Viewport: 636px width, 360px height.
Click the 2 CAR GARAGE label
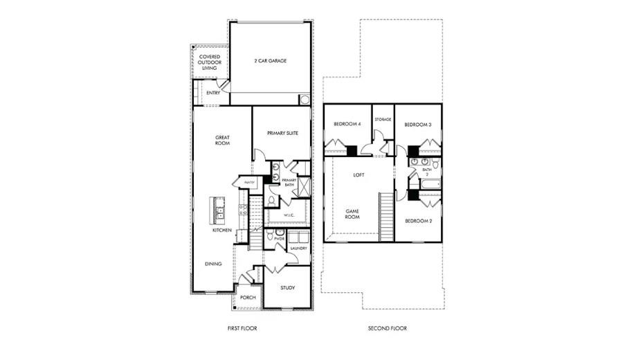click(x=270, y=61)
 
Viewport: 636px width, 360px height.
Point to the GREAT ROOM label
click(x=222, y=140)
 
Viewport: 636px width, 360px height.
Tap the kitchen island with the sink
click(x=218, y=208)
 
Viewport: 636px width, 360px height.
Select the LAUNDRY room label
click(x=298, y=247)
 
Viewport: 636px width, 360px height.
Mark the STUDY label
click(x=288, y=287)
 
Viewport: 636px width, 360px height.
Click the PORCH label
click(x=248, y=298)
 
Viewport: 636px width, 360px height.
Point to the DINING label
click(x=213, y=264)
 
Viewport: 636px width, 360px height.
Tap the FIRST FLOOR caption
click(x=242, y=328)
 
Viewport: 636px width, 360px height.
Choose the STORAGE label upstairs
click(x=383, y=120)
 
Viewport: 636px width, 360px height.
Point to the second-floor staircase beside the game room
click(x=386, y=217)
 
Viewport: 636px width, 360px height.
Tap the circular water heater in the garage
click(x=305, y=100)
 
